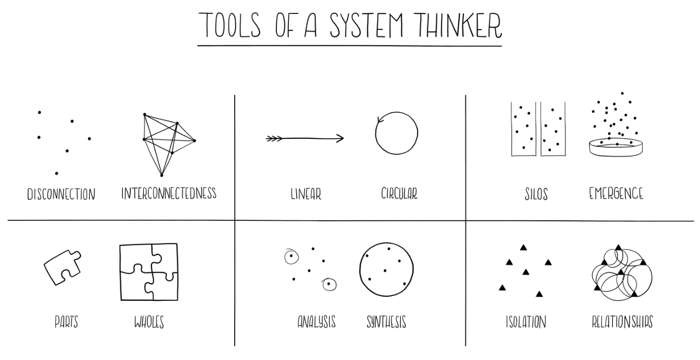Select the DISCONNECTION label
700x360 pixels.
click(x=61, y=194)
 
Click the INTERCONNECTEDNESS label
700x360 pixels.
click(x=169, y=193)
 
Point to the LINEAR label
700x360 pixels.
click(x=306, y=194)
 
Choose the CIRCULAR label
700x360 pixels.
click(x=399, y=193)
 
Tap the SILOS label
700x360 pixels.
click(x=536, y=194)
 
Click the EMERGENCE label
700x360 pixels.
click(x=616, y=193)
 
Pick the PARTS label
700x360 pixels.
click(x=66, y=322)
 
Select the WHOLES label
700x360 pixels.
click(x=149, y=322)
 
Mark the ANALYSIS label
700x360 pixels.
click(x=316, y=322)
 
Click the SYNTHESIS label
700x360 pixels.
click(x=386, y=322)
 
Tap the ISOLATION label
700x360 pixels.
click(x=525, y=322)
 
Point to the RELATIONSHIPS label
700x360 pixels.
click(x=622, y=322)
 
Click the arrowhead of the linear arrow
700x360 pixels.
click(x=340, y=138)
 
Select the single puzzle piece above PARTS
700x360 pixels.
click(x=62, y=267)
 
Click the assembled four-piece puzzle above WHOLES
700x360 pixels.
click(x=149, y=271)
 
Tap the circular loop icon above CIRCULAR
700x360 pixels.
click(x=396, y=133)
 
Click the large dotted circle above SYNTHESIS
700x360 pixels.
click(x=386, y=270)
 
